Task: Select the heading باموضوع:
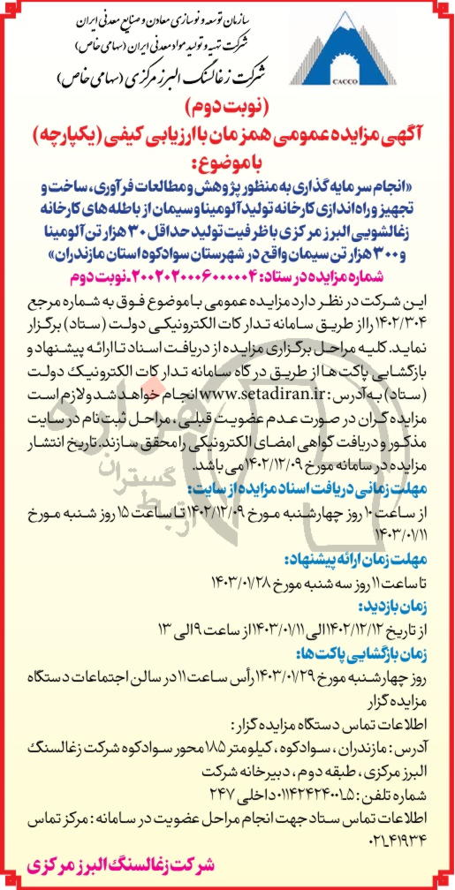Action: tap(229, 163)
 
